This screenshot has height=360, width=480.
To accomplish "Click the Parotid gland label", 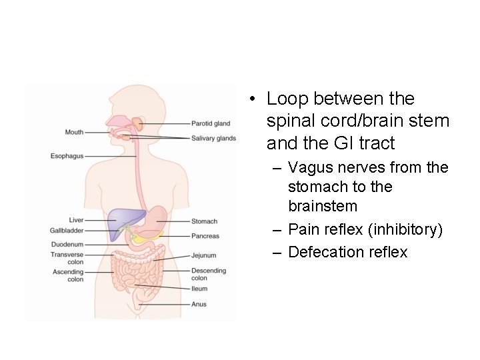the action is point(210,123).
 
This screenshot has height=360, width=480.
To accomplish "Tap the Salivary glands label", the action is point(213,139).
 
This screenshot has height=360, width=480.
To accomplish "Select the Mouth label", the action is point(74,132).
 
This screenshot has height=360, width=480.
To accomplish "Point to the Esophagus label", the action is point(67,156).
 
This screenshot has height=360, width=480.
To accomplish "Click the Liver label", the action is point(76,219).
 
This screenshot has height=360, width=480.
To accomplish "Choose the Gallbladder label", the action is point(67,230).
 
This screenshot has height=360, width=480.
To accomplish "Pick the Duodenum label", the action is point(67,245).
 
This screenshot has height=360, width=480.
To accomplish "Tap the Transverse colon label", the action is point(67,258).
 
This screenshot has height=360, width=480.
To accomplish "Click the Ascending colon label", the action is point(67,275).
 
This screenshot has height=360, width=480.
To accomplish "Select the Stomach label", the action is point(204,221).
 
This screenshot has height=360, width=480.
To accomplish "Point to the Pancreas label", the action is point(205,236).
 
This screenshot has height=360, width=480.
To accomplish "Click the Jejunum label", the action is point(203,255).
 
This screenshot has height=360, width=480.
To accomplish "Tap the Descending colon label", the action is point(209,274).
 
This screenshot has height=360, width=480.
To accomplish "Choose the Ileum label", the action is point(199,289).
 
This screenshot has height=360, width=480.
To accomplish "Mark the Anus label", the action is point(199,304).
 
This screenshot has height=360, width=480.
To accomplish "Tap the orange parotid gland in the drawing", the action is point(137,123).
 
